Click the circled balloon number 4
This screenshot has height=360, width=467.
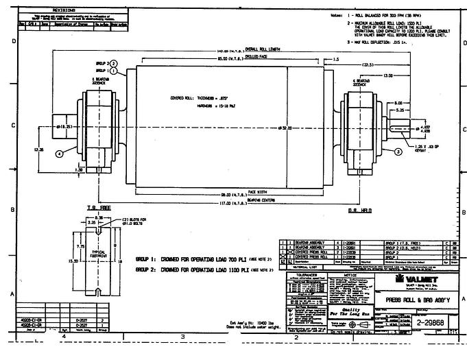point(60,154)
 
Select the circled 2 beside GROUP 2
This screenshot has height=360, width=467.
point(112,64)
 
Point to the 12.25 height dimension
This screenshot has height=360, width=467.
point(40,149)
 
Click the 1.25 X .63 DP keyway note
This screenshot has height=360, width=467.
point(428,147)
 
